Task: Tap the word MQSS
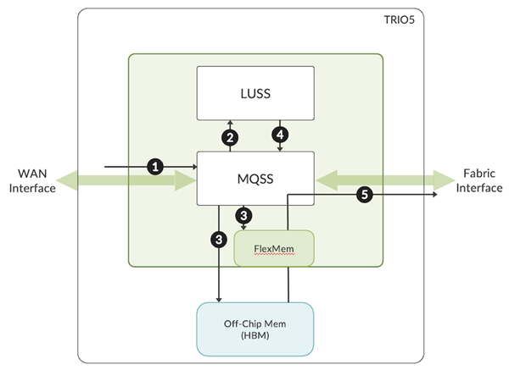tap(255, 179)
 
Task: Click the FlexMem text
tap(274, 249)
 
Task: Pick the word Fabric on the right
tap(479, 173)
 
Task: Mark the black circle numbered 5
tap(364, 195)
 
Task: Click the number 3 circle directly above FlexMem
tap(244, 217)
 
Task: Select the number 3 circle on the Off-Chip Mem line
tap(220, 240)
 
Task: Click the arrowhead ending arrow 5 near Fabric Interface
tap(434, 195)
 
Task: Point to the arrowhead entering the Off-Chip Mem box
tap(220, 299)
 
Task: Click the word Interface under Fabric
tap(479, 187)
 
